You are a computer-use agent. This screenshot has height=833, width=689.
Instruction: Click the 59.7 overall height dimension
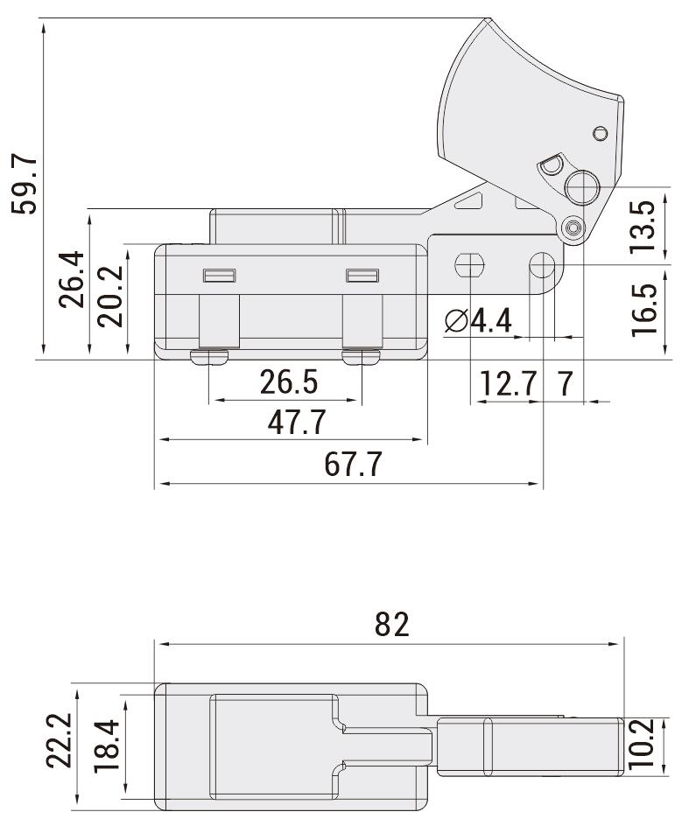24,185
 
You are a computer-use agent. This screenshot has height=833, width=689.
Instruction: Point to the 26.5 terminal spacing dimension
288,382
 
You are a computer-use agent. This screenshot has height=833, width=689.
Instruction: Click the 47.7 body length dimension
297,423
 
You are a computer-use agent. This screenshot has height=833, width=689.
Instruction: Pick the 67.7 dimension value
353,465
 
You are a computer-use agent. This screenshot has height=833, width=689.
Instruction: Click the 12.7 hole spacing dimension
508,383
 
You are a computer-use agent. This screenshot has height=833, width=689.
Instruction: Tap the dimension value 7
565,383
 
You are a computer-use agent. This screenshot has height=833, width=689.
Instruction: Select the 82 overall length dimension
391,625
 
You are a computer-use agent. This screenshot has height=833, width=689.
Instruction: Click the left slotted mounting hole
469,264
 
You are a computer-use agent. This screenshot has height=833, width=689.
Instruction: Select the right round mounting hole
542,264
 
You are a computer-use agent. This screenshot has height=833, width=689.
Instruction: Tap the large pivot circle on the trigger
580,185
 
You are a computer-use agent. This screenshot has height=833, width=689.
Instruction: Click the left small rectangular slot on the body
219,276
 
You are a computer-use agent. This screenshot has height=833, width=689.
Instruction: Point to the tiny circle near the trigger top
600,133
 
